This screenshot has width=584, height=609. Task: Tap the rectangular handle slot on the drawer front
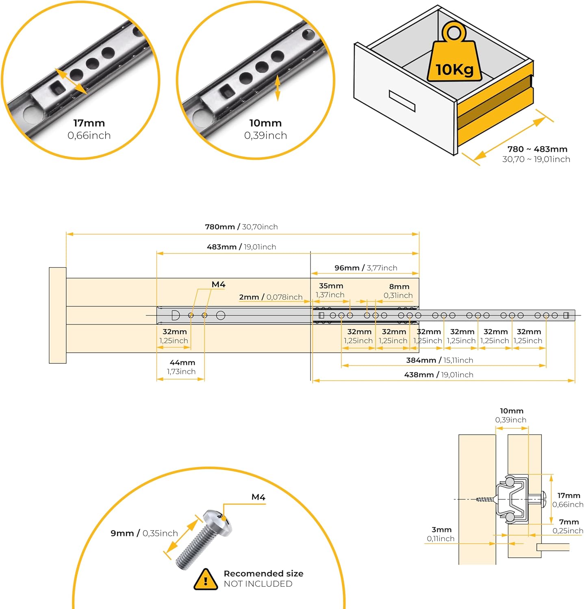[x=402, y=101]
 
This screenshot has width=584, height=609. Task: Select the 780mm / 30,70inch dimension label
[x=241, y=227]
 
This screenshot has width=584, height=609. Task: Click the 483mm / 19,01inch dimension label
[x=241, y=247]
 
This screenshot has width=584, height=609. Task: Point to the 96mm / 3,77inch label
[x=366, y=268]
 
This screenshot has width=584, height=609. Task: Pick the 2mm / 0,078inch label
[x=271, y=297]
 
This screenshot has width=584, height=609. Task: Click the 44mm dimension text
[x=182, y=363]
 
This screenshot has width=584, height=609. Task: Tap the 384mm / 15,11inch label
[x=440, y=360]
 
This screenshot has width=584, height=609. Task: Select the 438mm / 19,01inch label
[x=439, y=375]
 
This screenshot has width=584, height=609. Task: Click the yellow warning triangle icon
[x=206, y=579]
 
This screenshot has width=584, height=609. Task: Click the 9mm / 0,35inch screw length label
[x=144, y=533]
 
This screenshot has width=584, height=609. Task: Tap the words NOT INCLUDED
[x=258, y=584]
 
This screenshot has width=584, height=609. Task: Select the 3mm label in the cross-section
[x=441, y=530]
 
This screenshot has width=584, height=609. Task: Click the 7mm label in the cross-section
[x=569, y=522]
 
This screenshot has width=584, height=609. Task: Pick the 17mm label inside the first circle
[x=89, y=123]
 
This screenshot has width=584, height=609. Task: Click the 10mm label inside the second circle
[x=265, y=123]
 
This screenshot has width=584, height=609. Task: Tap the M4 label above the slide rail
[x=219, y=285]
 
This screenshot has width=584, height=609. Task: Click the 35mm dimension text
[x=331, y=286]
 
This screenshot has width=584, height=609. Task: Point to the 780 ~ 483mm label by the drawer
[x=537, y=149]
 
